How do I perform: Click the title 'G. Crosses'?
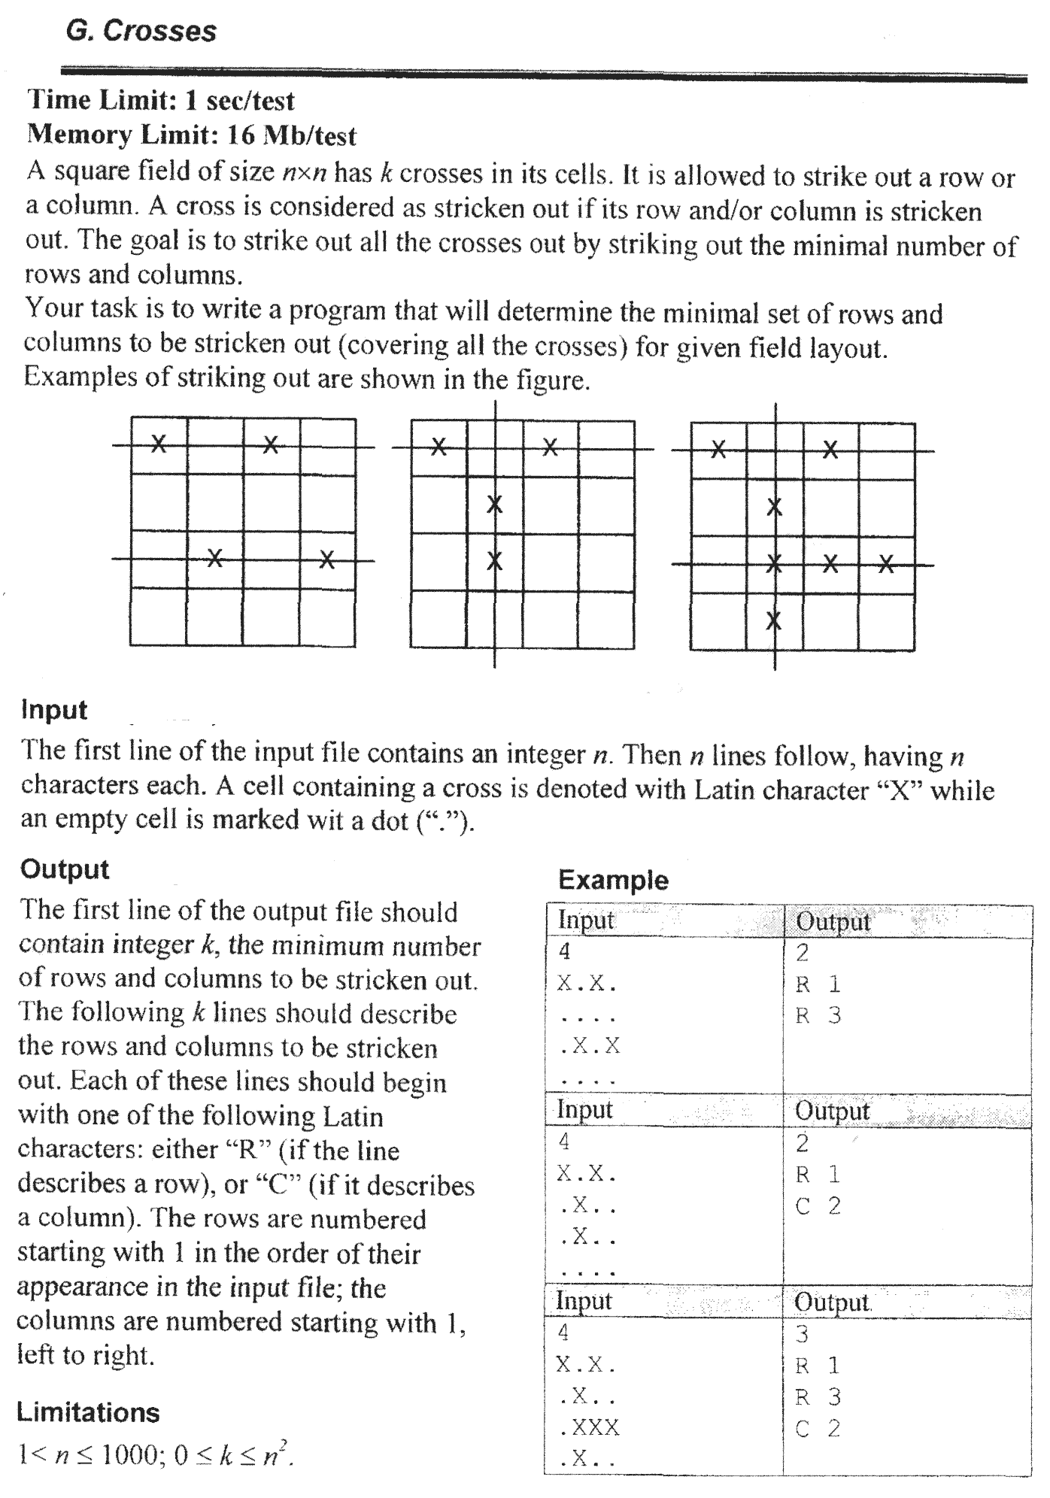coord(141,32)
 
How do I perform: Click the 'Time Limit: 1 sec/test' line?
coord(161,101)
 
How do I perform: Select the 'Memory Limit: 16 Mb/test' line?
coord(192,135)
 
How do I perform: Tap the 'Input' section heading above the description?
coord(54,710)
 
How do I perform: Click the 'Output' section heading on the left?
coord(65,869)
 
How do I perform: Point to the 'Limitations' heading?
coord(88,1413)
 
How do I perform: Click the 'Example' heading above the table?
coord(613,880)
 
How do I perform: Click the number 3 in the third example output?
coord(802,1334)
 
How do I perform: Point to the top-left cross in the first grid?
coord(158,444)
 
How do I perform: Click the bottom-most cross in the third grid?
coord(774,621)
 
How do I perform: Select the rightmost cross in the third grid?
coord(887,563)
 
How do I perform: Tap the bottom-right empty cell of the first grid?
coord(327,617)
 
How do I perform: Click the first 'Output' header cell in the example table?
coord(832,922)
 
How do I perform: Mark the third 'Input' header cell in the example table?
coord(584,1302)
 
